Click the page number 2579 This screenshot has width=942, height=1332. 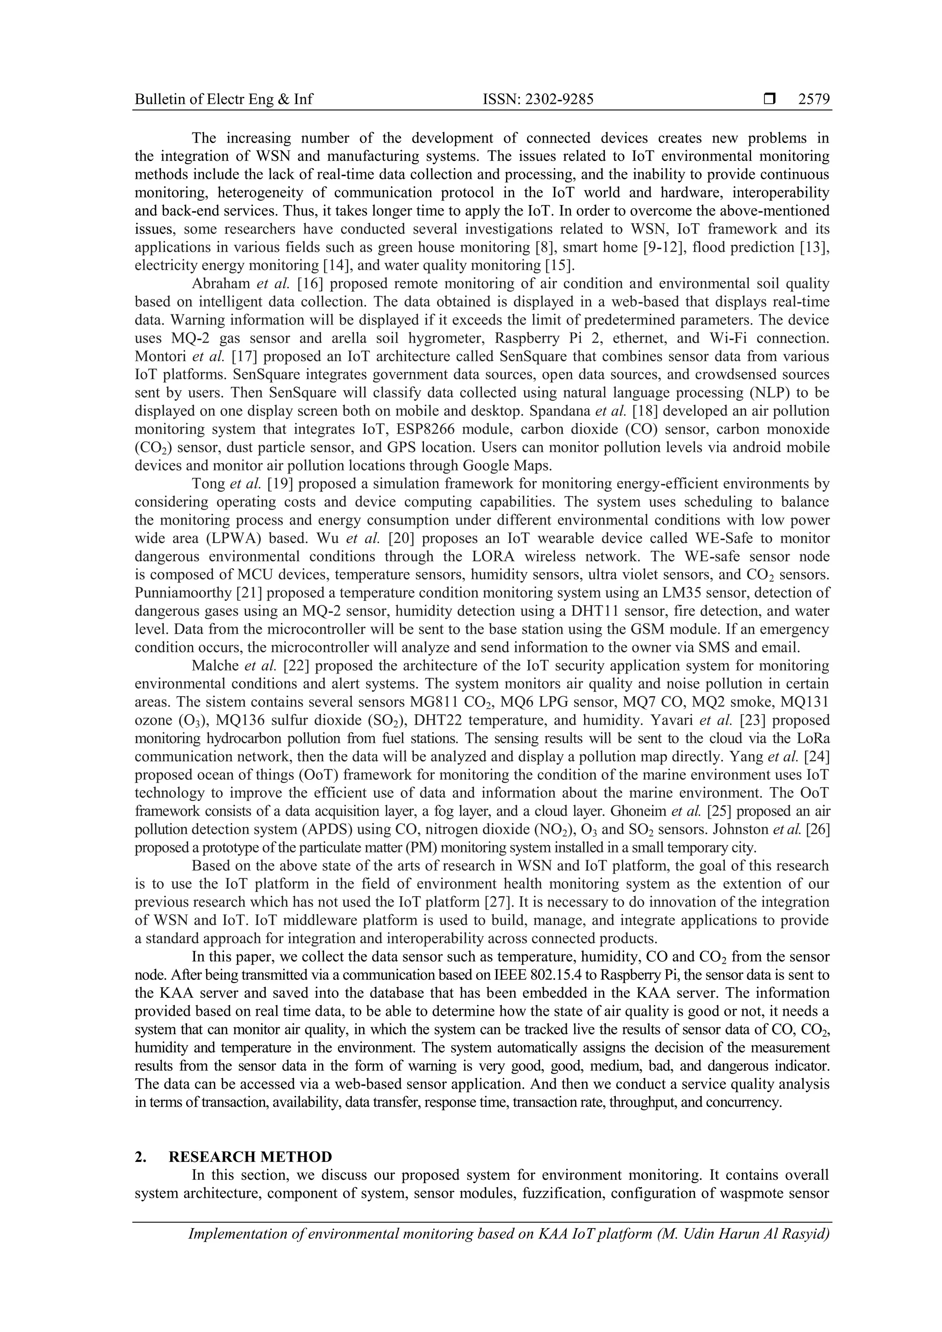(814, 100)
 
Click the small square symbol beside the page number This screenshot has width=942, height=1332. (770, 100)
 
